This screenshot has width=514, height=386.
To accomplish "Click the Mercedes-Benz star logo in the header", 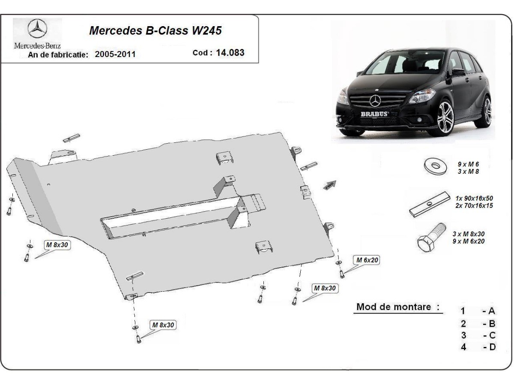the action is [37, 28].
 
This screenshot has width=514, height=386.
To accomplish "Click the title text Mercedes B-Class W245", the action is [155, 30].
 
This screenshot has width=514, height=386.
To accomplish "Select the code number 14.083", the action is [230, 52].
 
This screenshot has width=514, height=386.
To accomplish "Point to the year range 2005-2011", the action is [115, 54].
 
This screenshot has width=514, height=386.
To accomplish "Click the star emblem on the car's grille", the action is [376, 101].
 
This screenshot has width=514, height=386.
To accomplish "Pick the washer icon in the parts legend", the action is [435, 166].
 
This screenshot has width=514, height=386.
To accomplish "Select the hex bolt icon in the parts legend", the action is [431, 237].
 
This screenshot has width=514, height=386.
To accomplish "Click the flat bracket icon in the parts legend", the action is [430, 205].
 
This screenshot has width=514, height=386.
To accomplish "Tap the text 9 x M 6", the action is [468, 164].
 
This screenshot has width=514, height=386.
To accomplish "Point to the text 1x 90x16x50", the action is [474, 198].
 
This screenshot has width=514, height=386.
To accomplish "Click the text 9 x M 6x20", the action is [468, 241].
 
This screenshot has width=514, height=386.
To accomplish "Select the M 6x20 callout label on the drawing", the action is [367, 260].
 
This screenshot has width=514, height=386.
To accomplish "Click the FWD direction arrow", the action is [330, 185].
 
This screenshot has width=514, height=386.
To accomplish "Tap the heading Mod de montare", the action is [394, 307].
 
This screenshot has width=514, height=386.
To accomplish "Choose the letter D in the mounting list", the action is [493, 347].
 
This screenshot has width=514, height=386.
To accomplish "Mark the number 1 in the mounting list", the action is [463, 311].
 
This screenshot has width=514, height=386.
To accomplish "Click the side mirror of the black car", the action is [458, 72].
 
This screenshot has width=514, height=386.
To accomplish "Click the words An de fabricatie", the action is [58, 55].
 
